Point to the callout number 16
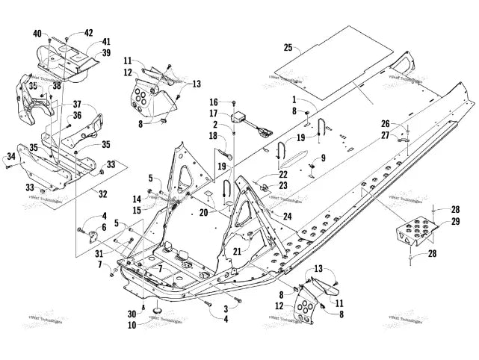[x=212, y=102]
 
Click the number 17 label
[x=212, y=113]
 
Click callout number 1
[x=294, y=100]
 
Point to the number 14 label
[x=136, y=199]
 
